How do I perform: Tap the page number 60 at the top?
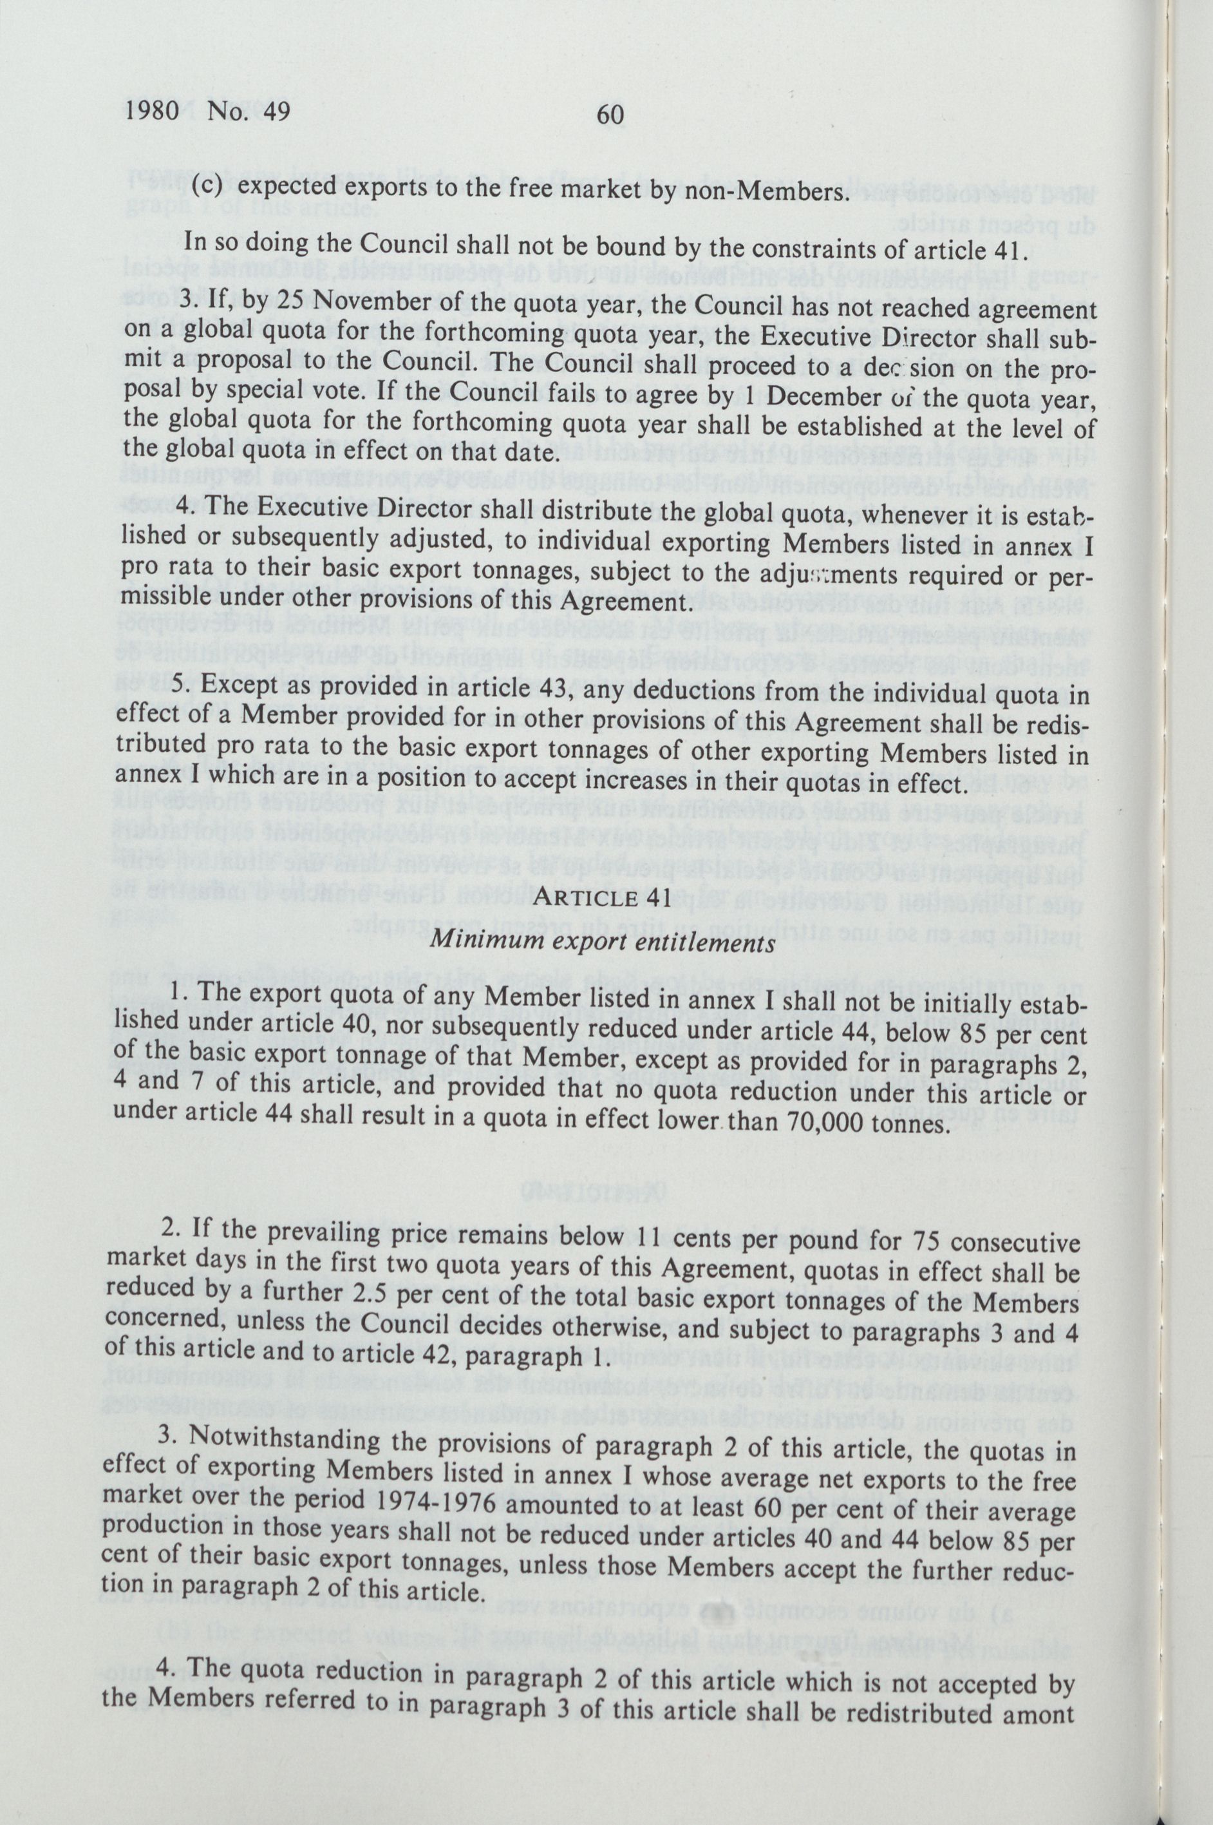(610, 115)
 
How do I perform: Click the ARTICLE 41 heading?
(603, 899)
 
